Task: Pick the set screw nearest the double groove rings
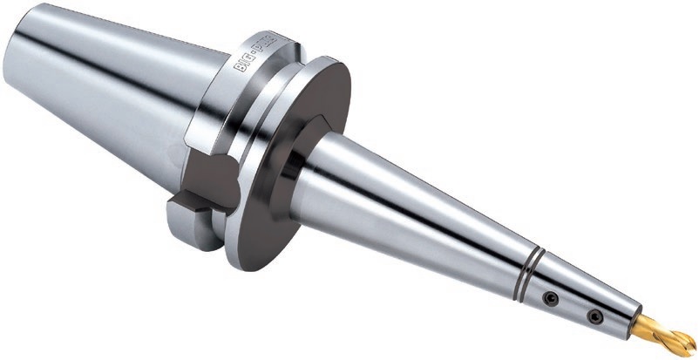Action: (549, 298)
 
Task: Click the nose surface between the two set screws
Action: (572, 307)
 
